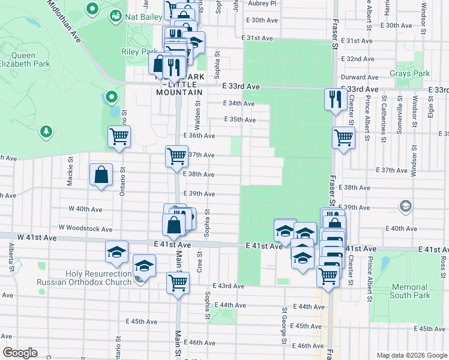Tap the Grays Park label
click(414, 74)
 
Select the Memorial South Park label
click(409, 291)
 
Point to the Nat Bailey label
click(143, 17)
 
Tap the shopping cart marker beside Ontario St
click(119, 137)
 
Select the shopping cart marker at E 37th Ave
click(176, 156)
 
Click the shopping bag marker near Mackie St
click(101, 175)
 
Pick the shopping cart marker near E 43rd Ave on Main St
click(178, 282)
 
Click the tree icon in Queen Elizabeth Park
click(46, 131)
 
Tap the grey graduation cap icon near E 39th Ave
click(405, 206)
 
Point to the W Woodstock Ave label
click(85, 229)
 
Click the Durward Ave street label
click(359, 77)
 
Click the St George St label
click(283, 326)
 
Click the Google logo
click(20, 353)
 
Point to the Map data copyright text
click(411, 355)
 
